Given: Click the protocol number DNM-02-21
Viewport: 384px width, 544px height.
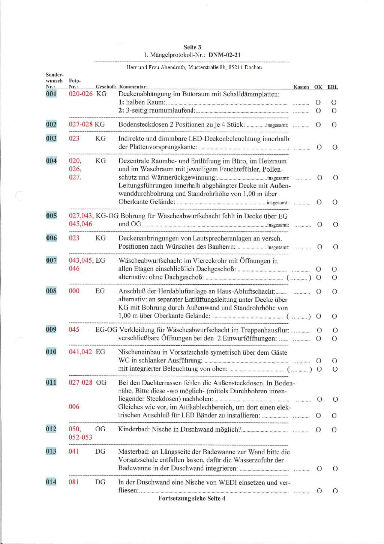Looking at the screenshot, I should point(225,55).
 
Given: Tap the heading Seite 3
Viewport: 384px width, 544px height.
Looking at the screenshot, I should point(192,47).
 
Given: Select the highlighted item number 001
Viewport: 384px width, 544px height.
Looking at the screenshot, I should point(51,94).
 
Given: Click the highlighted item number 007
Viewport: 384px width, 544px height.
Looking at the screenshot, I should point(51,260).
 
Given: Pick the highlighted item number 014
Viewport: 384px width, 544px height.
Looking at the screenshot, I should point(51,482).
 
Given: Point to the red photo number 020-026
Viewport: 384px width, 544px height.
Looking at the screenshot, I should point(81,94).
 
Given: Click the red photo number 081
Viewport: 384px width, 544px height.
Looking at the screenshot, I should point(74,482).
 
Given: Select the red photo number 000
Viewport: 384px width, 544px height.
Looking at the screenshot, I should point(74,291).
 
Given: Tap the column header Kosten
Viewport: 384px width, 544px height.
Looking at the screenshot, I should point(301,87).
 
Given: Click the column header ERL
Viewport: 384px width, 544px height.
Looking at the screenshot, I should point(333,87).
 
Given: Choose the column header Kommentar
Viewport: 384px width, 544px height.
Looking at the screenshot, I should point(133,87).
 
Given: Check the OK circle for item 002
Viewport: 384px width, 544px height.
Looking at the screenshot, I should point(318,125).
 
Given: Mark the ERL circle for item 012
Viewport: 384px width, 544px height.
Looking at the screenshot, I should point(334,430).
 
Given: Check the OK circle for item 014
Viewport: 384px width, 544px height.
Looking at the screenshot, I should point(319,491).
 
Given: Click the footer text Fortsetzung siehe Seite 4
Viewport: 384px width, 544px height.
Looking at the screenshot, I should point(192,499).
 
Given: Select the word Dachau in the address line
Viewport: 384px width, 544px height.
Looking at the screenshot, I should point(253,68).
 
